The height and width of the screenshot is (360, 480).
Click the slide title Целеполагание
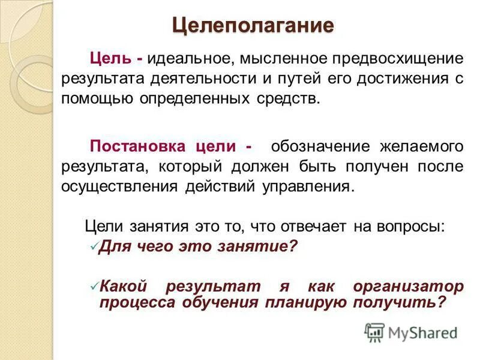[x=253, y=26]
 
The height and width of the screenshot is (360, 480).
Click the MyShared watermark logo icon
[x=374, y=332]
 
